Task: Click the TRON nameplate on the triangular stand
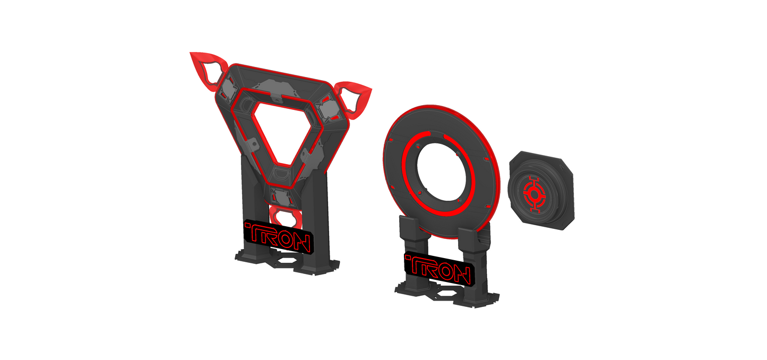click(277, 238)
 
